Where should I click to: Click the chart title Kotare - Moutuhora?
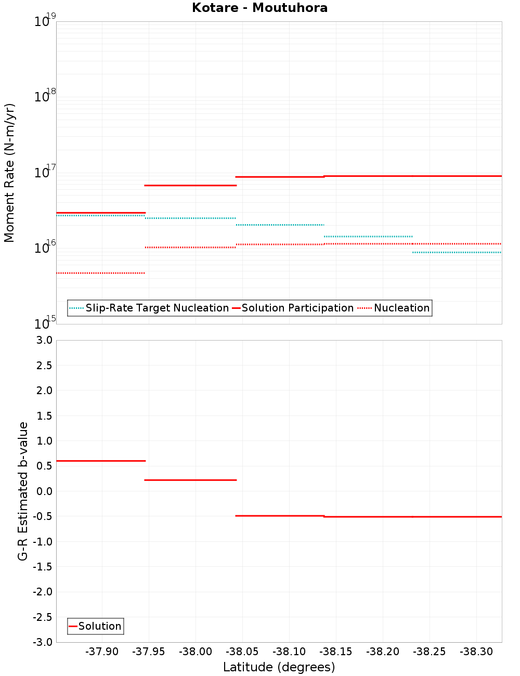pos(259,8)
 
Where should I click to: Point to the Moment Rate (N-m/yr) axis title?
pos(9,173)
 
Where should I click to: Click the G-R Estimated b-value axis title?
pos(23,491)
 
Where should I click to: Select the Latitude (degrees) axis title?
pos(279,667)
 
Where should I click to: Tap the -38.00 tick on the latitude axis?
pos(196,652)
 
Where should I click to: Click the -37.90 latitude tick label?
pos(102,652)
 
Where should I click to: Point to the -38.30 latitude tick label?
pos(476,652)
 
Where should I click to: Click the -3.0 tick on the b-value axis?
pos(44,642)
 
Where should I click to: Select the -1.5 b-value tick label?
pos(44,567)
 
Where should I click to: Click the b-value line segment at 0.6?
pos(100,461)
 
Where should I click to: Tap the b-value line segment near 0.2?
pos(190,480)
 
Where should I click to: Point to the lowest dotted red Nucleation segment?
pos(100,273)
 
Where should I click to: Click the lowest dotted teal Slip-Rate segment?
pos(457,253)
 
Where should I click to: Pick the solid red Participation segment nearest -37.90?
pos(100,213)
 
